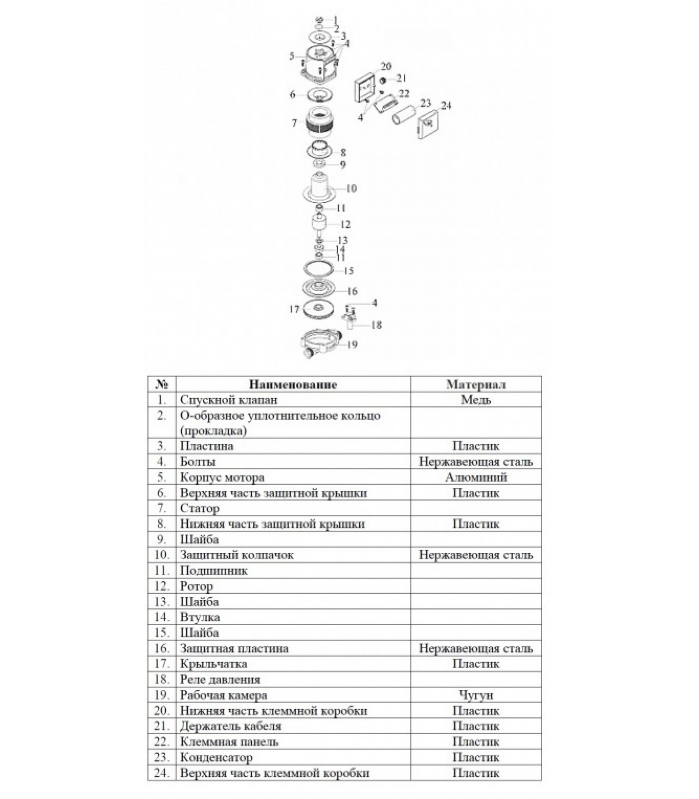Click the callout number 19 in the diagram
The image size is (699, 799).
[352, 345]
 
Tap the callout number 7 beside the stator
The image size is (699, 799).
[295, 123]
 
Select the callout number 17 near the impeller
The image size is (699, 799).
[294, 310]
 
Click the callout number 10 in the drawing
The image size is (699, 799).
[351, 188]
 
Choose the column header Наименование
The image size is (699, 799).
[293, 385]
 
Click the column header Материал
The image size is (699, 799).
[475, 385]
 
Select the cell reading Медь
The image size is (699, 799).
[475, 400]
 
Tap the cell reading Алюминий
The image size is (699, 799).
[475, 477]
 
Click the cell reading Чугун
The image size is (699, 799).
[475, 695]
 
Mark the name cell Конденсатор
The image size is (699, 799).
[216, 758]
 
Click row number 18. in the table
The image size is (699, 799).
[162, 680]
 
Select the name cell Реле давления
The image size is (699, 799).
[220, 680]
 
